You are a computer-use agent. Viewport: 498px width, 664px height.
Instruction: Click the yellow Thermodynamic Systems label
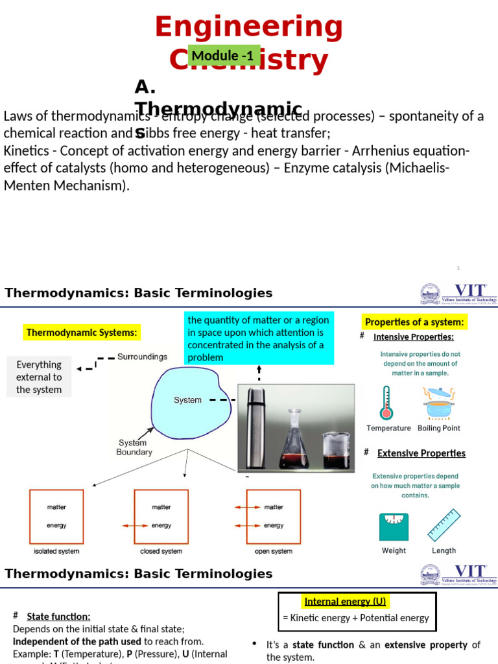point(82,333)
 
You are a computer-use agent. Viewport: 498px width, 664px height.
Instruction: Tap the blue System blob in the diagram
point(189,399)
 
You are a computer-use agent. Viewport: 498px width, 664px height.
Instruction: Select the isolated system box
point(56,516)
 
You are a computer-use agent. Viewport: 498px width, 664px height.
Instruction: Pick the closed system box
point(161,516)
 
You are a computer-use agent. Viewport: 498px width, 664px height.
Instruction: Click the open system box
point(273,516)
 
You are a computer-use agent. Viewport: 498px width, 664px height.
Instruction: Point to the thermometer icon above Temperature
point(387,403)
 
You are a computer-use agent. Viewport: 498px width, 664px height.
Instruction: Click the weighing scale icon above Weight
point(394,527)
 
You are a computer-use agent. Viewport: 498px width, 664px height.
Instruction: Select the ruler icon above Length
point(444,525)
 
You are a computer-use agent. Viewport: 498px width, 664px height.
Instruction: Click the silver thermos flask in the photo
point(253,427)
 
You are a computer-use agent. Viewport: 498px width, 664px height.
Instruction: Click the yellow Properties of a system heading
point(414,322)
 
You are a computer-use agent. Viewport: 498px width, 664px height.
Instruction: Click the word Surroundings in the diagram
point(142,357)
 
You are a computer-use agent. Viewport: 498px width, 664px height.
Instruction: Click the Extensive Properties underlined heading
point(421,453)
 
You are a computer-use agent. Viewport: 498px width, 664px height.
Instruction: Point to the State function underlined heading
point(58,617)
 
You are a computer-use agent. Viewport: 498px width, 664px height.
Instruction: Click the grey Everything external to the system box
point(39,377)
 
